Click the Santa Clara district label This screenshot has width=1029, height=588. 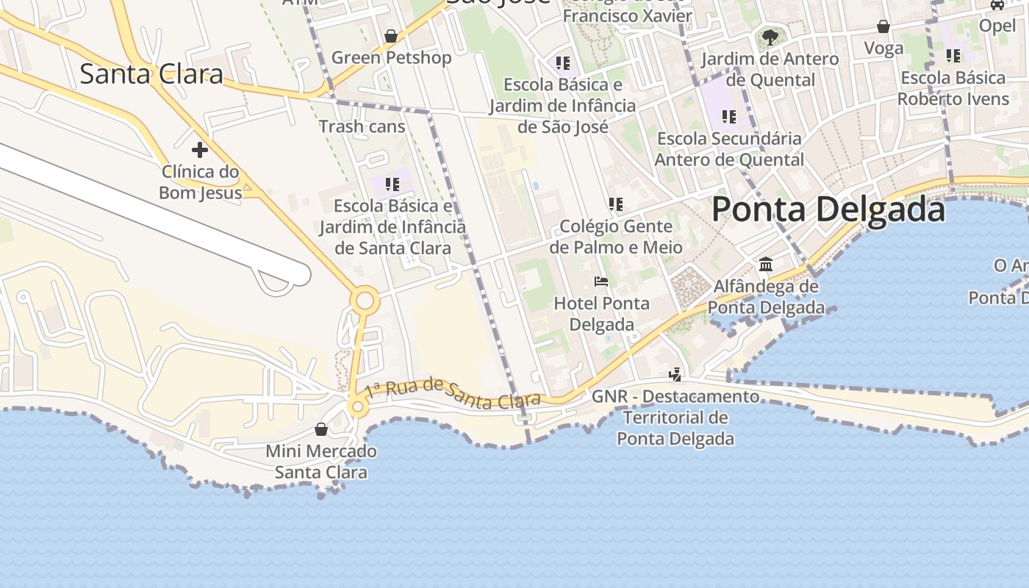151,74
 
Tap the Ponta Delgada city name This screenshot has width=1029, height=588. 828,209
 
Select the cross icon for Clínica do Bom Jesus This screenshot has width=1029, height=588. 199,150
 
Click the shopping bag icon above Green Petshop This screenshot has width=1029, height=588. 391,35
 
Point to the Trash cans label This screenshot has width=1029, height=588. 362,126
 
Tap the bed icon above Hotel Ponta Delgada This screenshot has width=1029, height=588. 601,282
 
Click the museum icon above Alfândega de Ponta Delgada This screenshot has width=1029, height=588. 766,264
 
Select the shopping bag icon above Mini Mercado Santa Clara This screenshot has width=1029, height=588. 320,429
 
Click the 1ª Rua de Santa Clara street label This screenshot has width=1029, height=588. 453,393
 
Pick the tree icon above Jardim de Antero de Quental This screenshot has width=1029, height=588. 770,37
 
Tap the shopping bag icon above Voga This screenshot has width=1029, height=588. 883,27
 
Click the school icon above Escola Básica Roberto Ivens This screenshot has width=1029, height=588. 953,56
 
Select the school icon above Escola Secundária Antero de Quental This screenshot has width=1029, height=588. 728,116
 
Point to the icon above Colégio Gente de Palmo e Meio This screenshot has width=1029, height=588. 616,204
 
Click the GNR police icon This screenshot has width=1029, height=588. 675,375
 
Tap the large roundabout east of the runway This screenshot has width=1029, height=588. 365,301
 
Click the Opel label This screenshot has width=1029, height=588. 997,26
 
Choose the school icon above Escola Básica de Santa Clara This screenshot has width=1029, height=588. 392,184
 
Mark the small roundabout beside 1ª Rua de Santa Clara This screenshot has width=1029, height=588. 358,406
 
